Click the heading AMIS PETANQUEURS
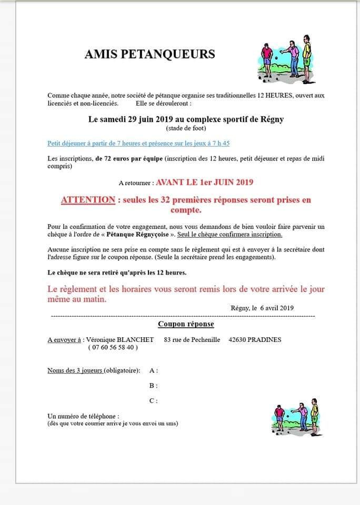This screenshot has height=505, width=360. click(149, 54)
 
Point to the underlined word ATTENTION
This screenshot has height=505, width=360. click(88, 200)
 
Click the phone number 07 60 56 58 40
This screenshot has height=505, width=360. click(113, 347)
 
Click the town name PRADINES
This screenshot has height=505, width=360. click(265, 339)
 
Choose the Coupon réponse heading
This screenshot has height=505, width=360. click(186, 324)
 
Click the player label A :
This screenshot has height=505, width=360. click(154, 370)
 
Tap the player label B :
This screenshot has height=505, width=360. click(154, 386)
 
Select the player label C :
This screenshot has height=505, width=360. click(154, 401)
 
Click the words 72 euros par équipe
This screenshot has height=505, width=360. click(128, 158)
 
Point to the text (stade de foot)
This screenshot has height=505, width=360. click(186, 128)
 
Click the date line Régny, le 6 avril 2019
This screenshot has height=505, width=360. click(262, 308)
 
